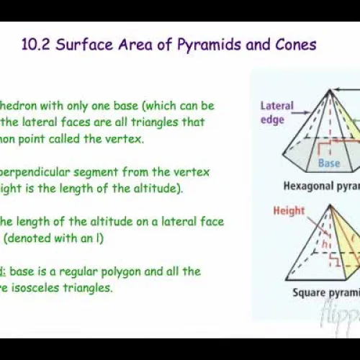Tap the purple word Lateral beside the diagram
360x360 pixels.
pyautogui.click(x=276, y=107)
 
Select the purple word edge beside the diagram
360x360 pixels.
pyautogui.click(x=271, y=120)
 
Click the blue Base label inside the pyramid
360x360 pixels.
pyautogui.click(x=329, y=163)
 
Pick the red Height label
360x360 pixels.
pyautogui.click(x=289, y=211)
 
